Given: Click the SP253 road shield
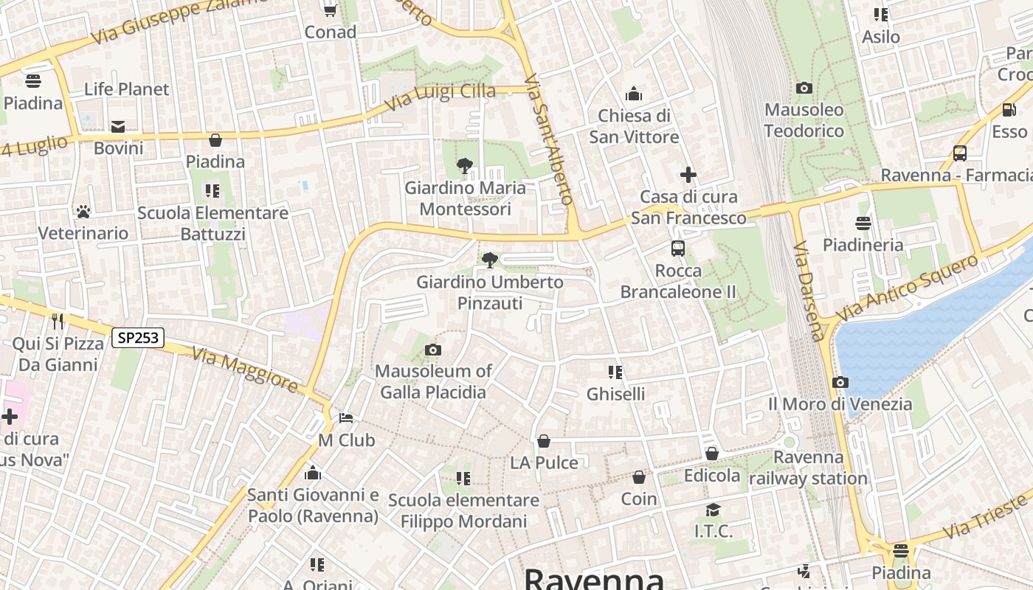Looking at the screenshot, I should click(x=138, y=338).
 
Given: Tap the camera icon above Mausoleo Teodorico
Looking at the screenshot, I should click(x=804, y=88).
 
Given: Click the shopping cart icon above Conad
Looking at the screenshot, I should click(x=330, y=10).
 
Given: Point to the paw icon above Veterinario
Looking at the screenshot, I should click(x=83, y=212).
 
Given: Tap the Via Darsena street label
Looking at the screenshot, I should click(x=809, y=291).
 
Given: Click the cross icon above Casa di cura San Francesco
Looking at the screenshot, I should click(x=688, y=175).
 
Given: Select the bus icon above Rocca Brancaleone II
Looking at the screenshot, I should click(x=678, y=249).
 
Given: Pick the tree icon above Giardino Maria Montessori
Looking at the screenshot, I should click(x=465, y=166).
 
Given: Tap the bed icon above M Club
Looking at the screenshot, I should click(x=346, y=418).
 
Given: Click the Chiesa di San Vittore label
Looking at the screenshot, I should click(x=634, y=126).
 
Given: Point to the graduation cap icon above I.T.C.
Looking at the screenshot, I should click(x=713, y=510).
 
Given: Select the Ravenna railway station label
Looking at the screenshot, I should click(x=808, y=468).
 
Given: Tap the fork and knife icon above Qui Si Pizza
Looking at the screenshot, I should click(x=57, y=321).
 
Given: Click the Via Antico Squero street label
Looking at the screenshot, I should click(x=908, y=287).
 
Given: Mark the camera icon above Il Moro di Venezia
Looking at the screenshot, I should click(x=840, y=382).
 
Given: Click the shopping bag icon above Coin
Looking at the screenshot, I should click(x=639, y=477).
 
